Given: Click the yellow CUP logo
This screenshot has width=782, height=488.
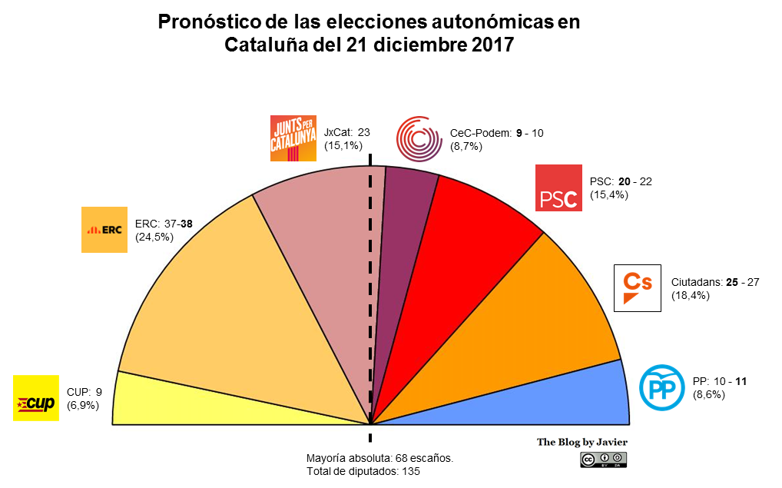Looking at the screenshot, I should point(36,398).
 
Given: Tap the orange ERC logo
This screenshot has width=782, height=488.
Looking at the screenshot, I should point(104,230).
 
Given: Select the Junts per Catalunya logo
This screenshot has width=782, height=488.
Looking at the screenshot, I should point(293,138).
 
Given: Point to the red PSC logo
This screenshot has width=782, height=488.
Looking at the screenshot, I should point(558,188).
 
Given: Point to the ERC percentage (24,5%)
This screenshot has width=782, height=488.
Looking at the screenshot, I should point(154,237).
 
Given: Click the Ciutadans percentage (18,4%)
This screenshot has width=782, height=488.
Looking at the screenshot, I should point(691,295).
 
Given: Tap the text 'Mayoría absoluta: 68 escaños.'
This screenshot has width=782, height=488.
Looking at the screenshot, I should point(379,458).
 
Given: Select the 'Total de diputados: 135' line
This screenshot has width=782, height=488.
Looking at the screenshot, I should point(363,471).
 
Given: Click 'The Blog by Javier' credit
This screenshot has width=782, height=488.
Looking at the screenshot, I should point(582,443).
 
